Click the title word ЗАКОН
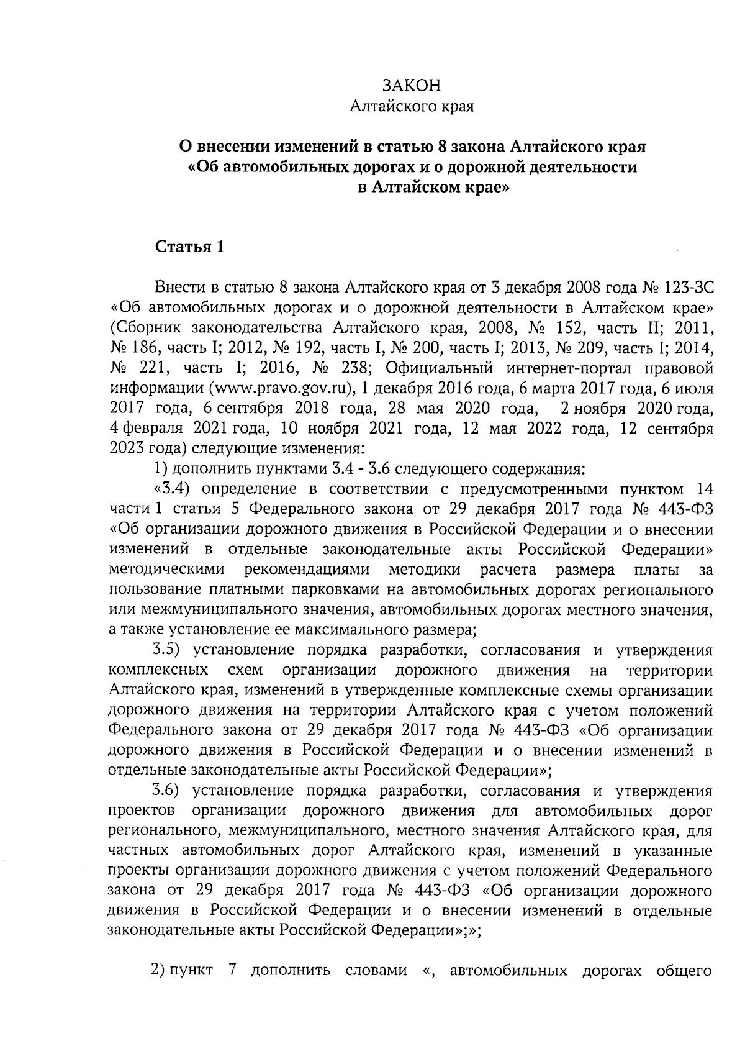point(412,86)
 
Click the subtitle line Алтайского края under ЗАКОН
point(412,107)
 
